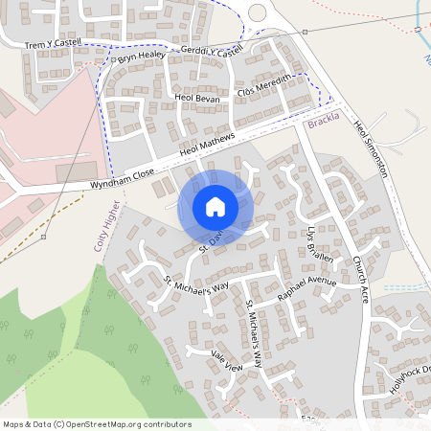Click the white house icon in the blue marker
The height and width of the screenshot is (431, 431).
pyautogui.click(x=215, y=206)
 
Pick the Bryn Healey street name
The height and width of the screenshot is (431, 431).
pyautogui.click(x=142, y=57)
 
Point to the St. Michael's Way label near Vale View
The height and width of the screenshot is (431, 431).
pyautogui.click(x=253, y=335)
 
